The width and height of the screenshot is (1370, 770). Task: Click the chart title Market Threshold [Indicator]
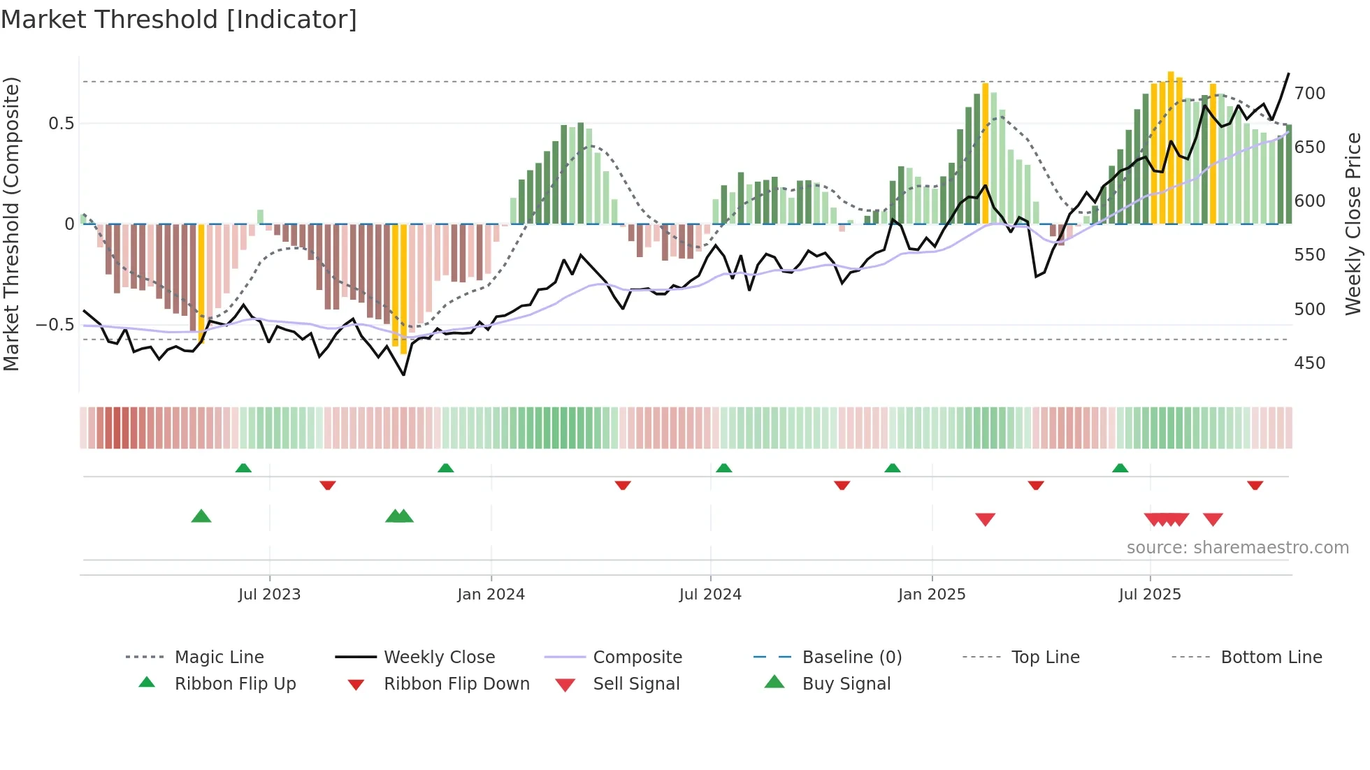[179, 20]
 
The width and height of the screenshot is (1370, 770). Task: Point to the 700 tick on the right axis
[1309, 93]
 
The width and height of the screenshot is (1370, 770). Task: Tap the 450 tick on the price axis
[1309, 363]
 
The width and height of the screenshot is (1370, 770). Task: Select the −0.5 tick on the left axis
[55, 325]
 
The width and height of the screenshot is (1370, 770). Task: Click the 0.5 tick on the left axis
[61, 124]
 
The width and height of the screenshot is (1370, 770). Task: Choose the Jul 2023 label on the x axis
[269, 595]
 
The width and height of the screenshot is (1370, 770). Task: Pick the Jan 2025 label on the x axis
[932, 595]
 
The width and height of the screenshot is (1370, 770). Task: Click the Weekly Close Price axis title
[1353, 224]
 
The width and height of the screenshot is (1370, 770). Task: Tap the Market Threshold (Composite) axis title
[11, 224]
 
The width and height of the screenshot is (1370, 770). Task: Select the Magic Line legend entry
[219, 658]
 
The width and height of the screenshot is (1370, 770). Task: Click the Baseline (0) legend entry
[851, 658]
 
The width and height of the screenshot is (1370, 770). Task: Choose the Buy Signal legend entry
[846, 684]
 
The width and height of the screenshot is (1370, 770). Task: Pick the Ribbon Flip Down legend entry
[456, 684]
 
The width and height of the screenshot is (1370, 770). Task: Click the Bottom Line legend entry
[1271, 658]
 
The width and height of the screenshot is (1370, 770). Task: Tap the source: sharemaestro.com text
[1237, 548]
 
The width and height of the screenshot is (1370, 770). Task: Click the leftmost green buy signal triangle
[201, 516]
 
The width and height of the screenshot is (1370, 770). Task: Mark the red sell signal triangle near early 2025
[985, 519]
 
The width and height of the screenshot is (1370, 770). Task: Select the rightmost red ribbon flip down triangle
[1255, 485]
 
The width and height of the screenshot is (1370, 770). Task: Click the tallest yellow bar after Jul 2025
[1171, 147]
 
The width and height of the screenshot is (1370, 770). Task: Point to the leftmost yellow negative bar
[201, 283]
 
